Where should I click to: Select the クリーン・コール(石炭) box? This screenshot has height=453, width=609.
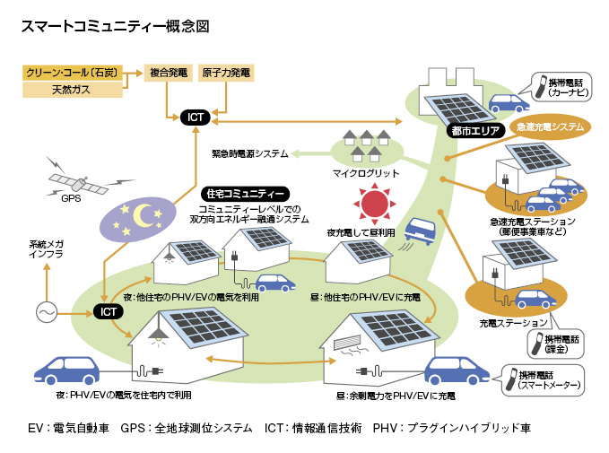(69, 72)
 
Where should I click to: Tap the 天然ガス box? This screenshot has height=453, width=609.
(69, 90)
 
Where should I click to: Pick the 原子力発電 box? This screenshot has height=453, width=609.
(225, 72)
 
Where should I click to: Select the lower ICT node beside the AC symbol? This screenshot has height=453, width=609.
(107, 312)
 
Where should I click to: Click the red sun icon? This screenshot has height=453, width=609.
(376, 204)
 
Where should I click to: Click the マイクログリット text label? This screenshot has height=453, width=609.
(366, 173)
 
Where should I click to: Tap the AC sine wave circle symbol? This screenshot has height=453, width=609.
(47, 312)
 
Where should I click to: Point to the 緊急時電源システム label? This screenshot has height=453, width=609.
(250, 153)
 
